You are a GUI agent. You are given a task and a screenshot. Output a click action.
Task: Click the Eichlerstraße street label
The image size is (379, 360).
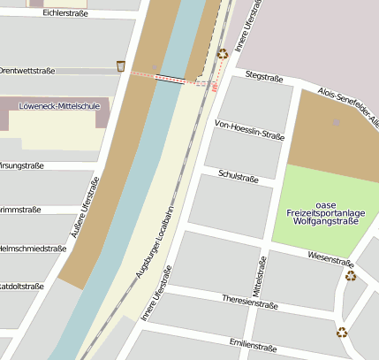click(x=64, y=13)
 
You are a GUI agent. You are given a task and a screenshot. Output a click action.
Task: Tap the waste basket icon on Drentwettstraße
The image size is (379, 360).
click(x=121, y=66)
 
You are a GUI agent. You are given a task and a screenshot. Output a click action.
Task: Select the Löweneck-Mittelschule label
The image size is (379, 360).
click(x=60, y=106)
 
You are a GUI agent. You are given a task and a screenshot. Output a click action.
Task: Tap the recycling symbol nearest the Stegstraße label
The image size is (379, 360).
click(x=223, y=53)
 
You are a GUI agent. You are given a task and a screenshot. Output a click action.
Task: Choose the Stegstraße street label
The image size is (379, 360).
click(x=263, y=77)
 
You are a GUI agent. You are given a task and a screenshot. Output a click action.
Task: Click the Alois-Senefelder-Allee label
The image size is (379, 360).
click(x=348, y=104)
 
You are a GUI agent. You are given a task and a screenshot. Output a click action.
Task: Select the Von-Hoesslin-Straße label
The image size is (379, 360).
click(x=250, y=131)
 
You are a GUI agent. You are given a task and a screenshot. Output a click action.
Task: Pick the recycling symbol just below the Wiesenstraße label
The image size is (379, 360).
click(x=351, y=276)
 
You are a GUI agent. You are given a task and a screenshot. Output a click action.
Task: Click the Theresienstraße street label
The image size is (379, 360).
click(x=250, y=303)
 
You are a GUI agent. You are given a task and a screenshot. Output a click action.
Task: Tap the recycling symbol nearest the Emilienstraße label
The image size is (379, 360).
click(x=342, y=333)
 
